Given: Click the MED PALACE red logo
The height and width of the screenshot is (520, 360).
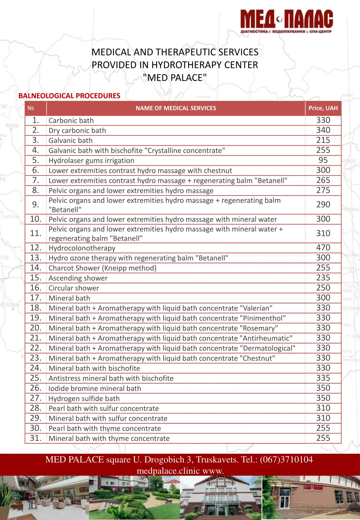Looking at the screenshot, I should (287, 21).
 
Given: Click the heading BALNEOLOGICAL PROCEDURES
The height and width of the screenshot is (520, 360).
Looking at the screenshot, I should (69, 96).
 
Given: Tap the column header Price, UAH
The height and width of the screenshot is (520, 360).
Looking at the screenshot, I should (323, 108).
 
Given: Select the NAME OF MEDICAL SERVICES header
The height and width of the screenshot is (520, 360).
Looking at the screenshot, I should (176, 108).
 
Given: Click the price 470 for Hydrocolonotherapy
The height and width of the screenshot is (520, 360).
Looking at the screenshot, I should (323, 248).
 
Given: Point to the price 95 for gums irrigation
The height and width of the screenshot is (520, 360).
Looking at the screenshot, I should (323, 160).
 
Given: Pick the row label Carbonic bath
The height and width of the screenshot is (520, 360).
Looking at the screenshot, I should (71, 121).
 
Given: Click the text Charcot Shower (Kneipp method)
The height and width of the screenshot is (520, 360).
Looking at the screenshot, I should (102, 268).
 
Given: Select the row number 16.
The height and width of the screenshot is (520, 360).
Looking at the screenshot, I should (36, 288).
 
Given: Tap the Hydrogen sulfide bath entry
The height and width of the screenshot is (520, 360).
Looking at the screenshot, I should (84, 399).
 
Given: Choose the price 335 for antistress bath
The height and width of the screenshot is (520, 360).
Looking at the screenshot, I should (323, 378).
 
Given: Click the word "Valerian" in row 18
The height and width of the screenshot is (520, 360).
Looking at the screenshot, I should (256, 308).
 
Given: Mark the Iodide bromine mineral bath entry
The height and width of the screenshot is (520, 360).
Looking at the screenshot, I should (95, 389).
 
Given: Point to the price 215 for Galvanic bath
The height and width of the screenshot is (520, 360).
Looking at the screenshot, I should (323, 140).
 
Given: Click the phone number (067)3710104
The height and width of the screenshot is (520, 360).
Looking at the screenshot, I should (286, 460).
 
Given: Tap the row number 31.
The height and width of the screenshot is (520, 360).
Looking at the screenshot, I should (36, 438).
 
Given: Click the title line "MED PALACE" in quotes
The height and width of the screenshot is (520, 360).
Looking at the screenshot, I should (175, 78).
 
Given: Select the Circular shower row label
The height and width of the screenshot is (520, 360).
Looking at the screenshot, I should (74, 288).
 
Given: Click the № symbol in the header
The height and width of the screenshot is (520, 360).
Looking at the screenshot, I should (31, 108).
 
